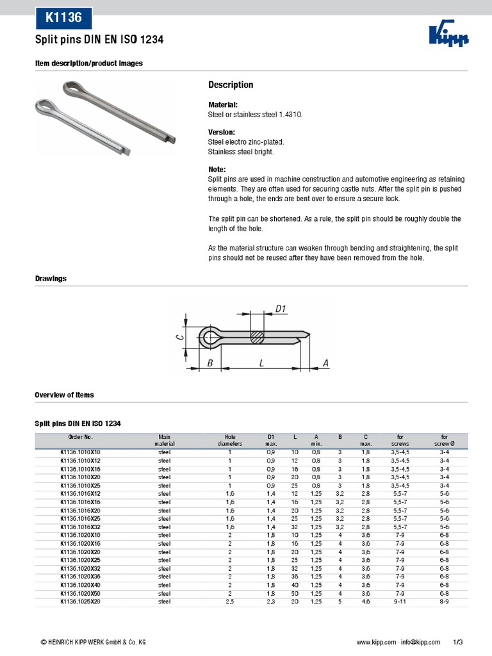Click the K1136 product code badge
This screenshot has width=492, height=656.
[63, 18]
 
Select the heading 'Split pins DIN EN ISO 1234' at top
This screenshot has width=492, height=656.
[99, 40]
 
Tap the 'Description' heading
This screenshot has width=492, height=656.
[231, 85]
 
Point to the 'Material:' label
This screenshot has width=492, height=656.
[223, 104]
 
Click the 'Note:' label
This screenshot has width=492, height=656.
[218, 170]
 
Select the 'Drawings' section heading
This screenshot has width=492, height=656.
[51, 279]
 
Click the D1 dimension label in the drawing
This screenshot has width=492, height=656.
[280, 309]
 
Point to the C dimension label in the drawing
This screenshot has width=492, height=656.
[180, 332]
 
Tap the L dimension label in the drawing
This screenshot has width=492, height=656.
[261, 363]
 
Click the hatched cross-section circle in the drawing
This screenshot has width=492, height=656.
[257, 336]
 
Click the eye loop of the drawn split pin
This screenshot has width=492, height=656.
[208, 336]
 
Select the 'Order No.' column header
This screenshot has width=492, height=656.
[81, 436]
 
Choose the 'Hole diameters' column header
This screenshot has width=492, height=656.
[230, 439]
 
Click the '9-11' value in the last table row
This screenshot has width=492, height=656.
[400, 602]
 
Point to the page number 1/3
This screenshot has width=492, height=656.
[457, 641]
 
